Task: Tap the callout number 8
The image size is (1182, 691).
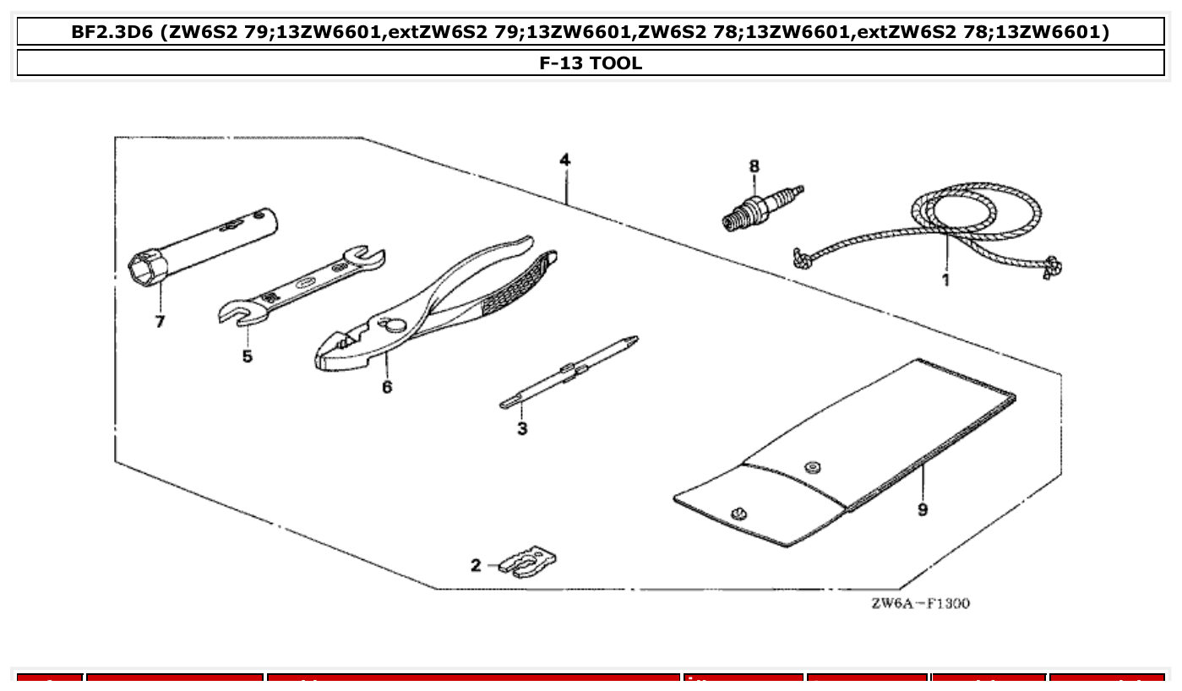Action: pyautogui.click(x=754, y=166)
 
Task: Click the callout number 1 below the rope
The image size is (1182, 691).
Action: pyautogui.click(x=945, y=279)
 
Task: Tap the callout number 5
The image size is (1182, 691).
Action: pyautogui.click(x=247, y=356)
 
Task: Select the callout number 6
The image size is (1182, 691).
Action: pyautogui.click(x=387, y=387)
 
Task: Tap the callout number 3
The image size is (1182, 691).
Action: pyautogui.click(x=522, y=429)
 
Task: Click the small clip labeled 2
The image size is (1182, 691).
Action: pyautogui.click(x=528, y=561)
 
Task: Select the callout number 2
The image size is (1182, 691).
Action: pyautogui.click(x=476, y=565)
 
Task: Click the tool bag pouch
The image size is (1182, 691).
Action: pyautogui.click(x=845, y=456)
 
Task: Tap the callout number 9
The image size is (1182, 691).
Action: pyautogui.click(x=923, y=509)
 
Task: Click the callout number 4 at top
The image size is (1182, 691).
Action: pyautogui.click(x=564, y=160)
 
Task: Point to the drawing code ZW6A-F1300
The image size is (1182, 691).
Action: pyautogui.click(x=920, y=603)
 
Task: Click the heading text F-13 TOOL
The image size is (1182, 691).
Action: pyautogui.click(x=591, y=63)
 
